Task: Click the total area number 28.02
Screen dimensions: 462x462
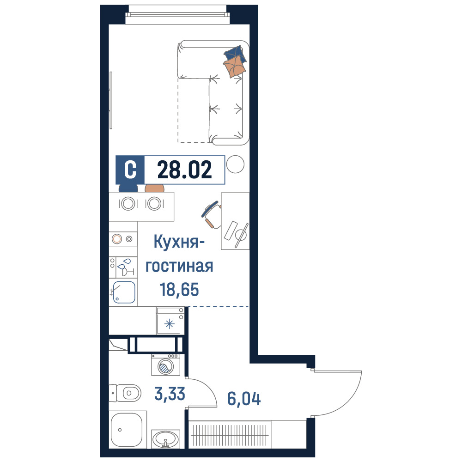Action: [x=184, y=170]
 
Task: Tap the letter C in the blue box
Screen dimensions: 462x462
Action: [x=130, y=170]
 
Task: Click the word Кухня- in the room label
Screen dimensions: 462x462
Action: [x=179, y=242]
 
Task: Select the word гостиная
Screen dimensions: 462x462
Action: [x=179, y=266]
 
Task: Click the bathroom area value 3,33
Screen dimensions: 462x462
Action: [x=170, y=394]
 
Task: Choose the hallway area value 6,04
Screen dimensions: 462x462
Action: [x=244, y=399]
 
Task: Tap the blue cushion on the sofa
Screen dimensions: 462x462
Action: [x=235, y=54]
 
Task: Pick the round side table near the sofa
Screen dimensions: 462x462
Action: [x=235, y=164]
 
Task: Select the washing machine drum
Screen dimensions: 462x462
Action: [x=165, y=367]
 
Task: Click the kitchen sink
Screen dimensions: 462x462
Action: [x=124, y=292]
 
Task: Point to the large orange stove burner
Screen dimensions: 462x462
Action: [x=117, y=239]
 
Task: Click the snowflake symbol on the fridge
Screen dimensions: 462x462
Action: [x=170, y=324]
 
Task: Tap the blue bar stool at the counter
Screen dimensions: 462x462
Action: [x=128, y=188]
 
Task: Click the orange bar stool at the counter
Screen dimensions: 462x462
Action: [x=154, y=188]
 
